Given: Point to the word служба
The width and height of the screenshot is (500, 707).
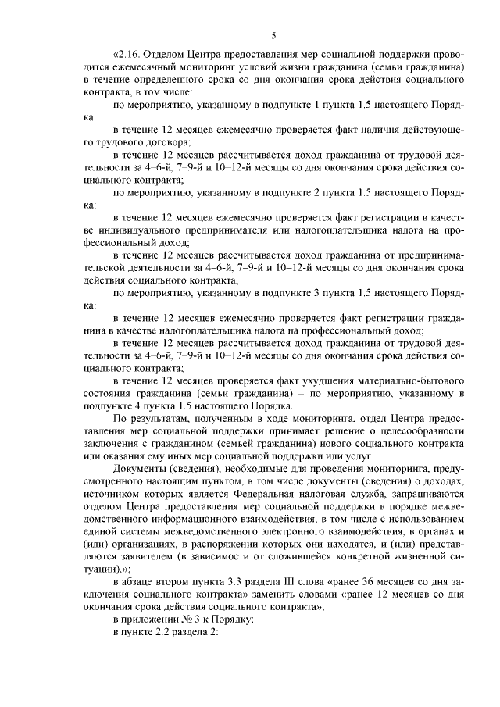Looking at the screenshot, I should click(x=348, y=494).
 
